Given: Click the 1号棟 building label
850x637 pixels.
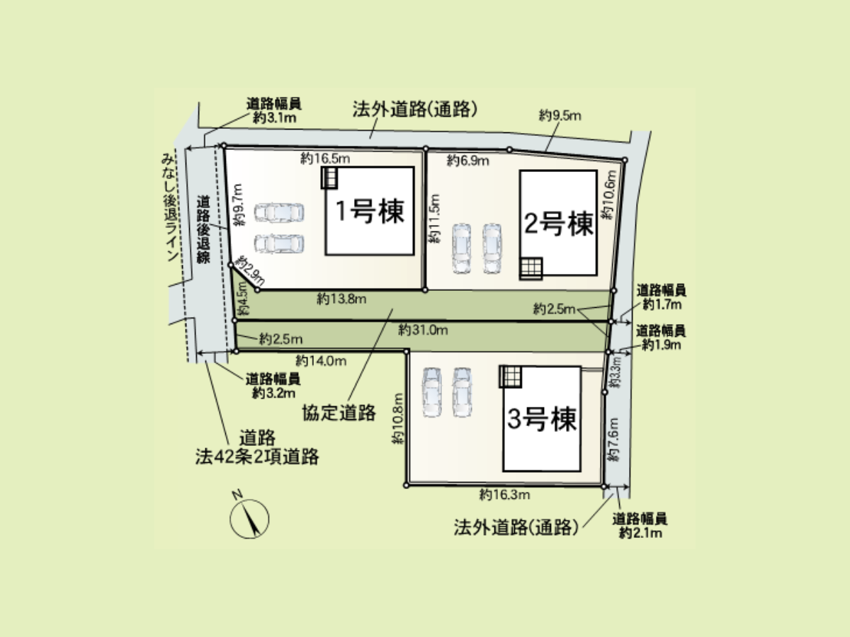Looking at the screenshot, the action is tap(370, 211).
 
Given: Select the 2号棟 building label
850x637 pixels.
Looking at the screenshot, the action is tap(558, 224).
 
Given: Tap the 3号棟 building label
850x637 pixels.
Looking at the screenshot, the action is tap(542, 419).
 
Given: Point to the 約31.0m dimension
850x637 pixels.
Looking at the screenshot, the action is tap(423, 330).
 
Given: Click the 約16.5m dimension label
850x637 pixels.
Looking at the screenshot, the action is tap(325, 158).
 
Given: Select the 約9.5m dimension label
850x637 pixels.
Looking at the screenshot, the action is tap(560, 115).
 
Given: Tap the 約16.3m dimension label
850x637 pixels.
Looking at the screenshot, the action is tap(504, 494).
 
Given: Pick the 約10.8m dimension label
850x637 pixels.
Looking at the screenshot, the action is tap(398, 418).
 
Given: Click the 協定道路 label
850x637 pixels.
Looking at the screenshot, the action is tap(339, 413).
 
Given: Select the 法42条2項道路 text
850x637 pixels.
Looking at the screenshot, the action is tap(257, 457).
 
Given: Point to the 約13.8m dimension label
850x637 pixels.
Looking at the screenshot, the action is tap(341, 299).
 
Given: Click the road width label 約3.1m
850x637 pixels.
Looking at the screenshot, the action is tap(274, 117).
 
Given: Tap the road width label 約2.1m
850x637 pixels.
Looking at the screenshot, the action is tap(640, 533).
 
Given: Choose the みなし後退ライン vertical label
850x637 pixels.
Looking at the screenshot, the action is tap(169, 207).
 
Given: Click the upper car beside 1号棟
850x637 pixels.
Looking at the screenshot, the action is tap(279, 213).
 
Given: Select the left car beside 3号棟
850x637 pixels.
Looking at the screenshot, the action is tap(432, 392).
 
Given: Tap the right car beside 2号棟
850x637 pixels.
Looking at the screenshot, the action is tap(492, 248).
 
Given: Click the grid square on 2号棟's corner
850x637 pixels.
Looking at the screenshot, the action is tap(531, 268).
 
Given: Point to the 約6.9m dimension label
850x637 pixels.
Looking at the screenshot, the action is tap(467, 160).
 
